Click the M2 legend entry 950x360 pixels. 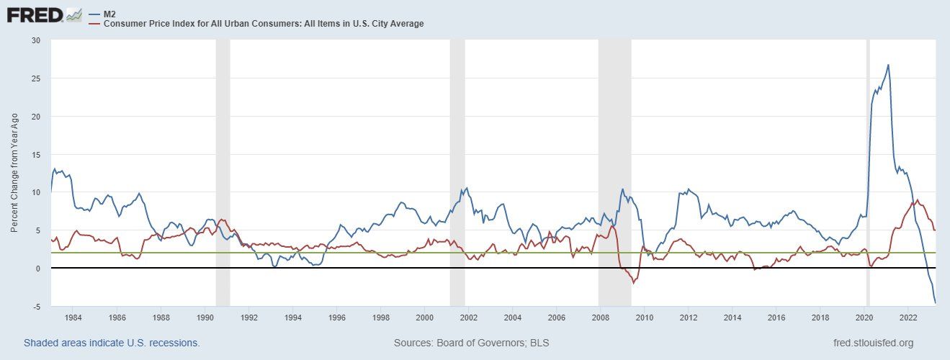[x=110, y=14]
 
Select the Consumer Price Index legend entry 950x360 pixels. [x=263, y=24]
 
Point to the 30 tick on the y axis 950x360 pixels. [x=36, y=40]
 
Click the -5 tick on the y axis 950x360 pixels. [x=36, y=307]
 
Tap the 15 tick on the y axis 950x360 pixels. [x=36, y=155]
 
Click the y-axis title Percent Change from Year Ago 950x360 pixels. [x=16, y=174]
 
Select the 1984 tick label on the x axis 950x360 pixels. [x=73, y=317]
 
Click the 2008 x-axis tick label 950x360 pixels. [x=601, y=317]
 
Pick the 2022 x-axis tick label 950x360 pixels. [x=908, y=317]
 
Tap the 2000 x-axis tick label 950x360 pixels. [x=425, y=317]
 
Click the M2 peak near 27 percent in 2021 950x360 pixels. [x=888, y=65]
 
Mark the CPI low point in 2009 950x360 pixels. [x=633, y=283]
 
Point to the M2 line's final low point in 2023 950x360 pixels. [x=935, y=302]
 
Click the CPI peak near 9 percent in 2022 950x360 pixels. [x=916, y=200]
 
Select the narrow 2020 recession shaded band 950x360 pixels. [x=868, y=173]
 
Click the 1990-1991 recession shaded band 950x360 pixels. [x=223, y=173]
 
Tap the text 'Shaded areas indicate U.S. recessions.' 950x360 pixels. [x=112, y=343]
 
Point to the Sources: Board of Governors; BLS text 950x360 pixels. [x=471, y=343]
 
